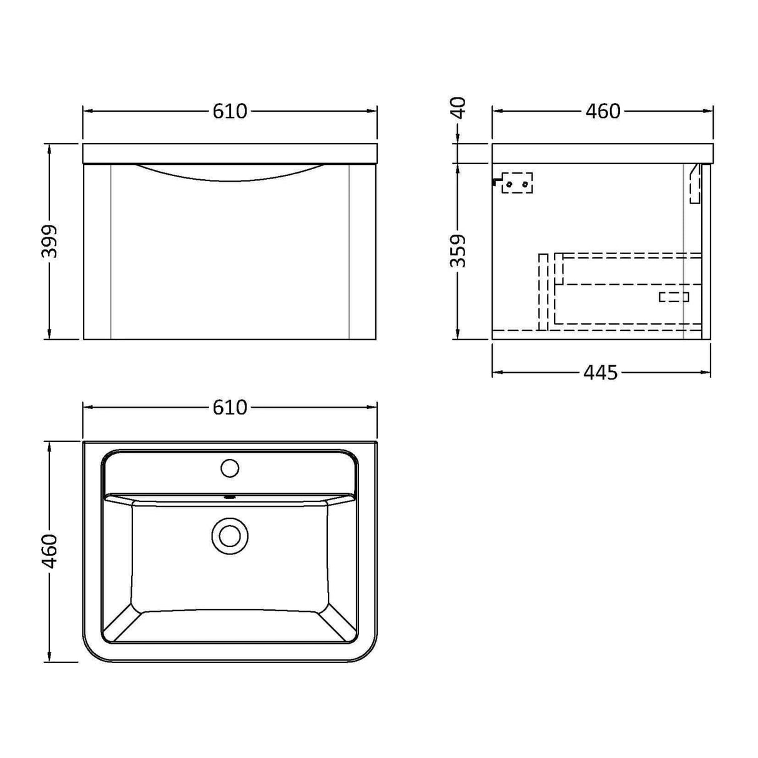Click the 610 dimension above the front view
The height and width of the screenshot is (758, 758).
click(230, 111)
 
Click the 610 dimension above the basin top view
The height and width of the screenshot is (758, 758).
click(230, 407)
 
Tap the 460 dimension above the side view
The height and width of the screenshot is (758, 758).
click(603, 111)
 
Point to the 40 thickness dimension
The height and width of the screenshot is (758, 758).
click(458, 108)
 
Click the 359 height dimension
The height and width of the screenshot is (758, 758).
click(458, 250)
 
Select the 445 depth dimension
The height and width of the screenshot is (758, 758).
click(600, 373)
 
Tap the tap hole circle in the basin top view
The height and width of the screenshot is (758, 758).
click(230, 468)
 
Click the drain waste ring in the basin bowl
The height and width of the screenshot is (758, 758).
click(230, 536)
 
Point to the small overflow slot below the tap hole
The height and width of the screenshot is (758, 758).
click(230, 498)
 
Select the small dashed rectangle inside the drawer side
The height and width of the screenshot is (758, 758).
click(674, 297)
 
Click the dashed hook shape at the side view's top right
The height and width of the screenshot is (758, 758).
click(695, 184)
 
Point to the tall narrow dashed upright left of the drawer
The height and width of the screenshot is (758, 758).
click(543, 292)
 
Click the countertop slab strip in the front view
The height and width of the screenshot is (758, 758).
click(230, 153)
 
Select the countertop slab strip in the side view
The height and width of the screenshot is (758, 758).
click(602, 153)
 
